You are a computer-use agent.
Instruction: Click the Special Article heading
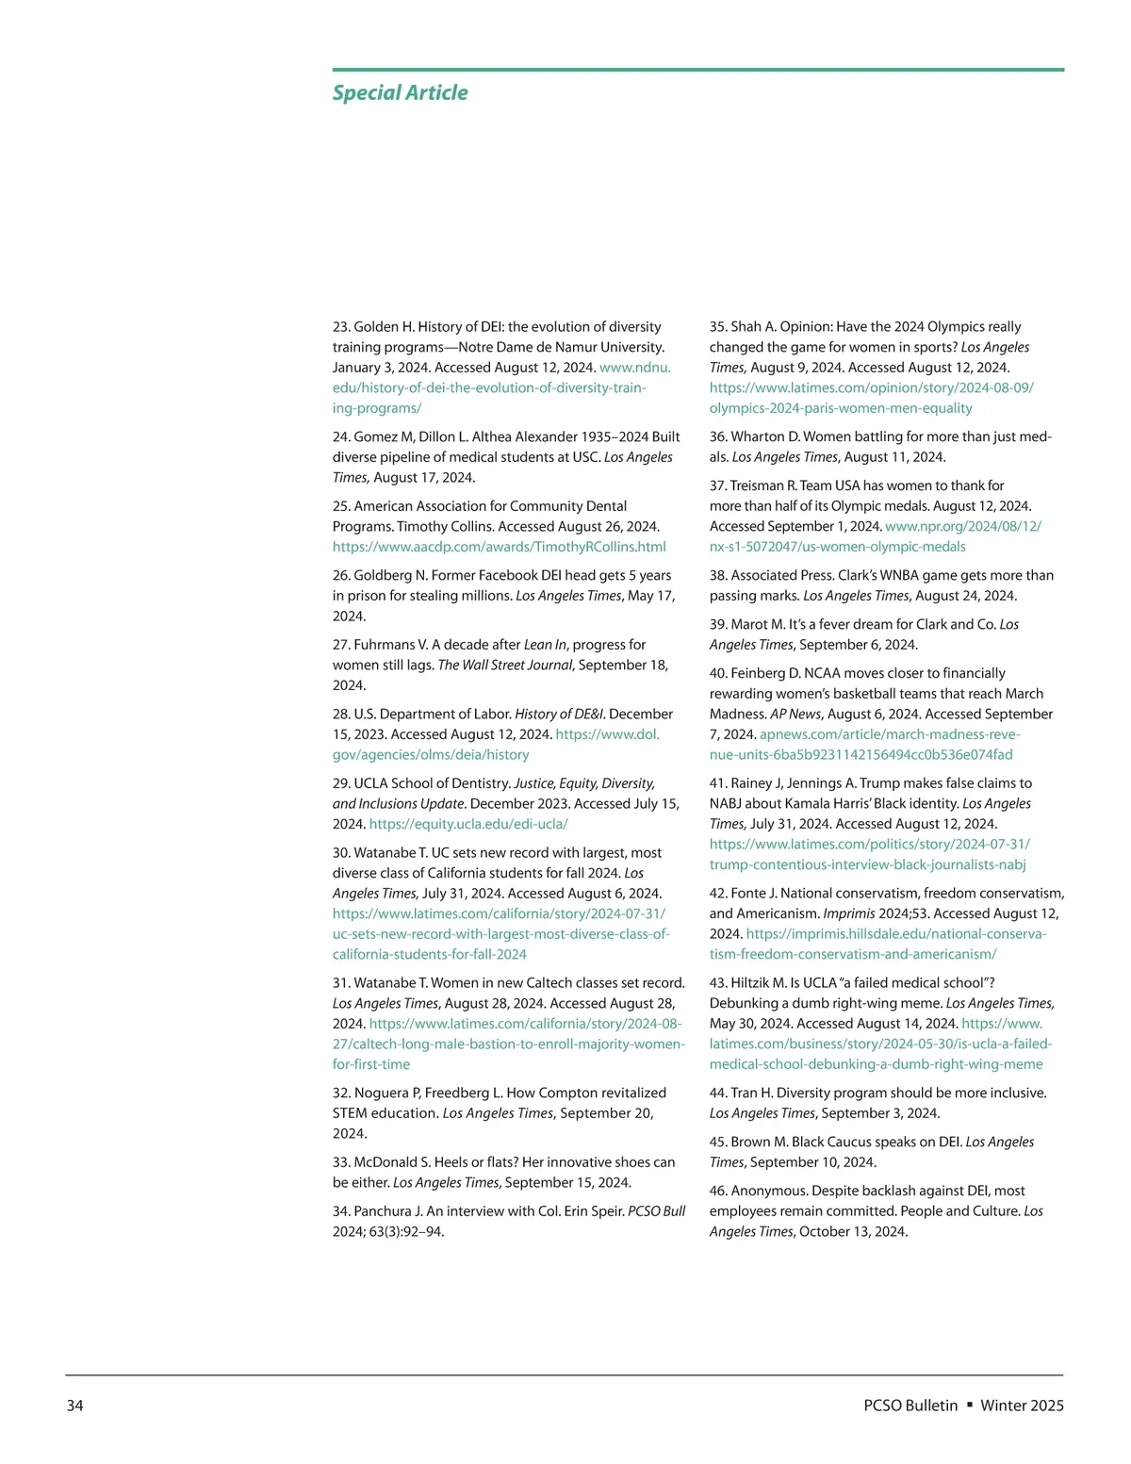pyautogui.click(x=400, y=92)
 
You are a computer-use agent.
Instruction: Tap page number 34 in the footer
pyautogui.click(x=74, y=1406)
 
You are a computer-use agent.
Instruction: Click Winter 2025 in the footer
pyautogui.click(x=1022, y=1406)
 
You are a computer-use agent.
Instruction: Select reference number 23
pyautogui.click(x=341, y=327)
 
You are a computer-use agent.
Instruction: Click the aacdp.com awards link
pyautogui.click(x=499, y=547)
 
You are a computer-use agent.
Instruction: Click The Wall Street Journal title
pyautogui.click(x=505, y=666)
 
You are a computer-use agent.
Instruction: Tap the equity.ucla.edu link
pyautogui.click(x=468, y=824)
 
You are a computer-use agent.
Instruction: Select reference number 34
pyautogui.click(x=341, y=1211)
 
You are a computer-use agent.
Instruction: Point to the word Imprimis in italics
pyautogui.click(x=849, y=913)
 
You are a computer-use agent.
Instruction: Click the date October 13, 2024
pyautogui.click(x=853, y=1232)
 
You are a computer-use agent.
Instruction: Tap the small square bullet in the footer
pyautogui.click(x=969, y=1406)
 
